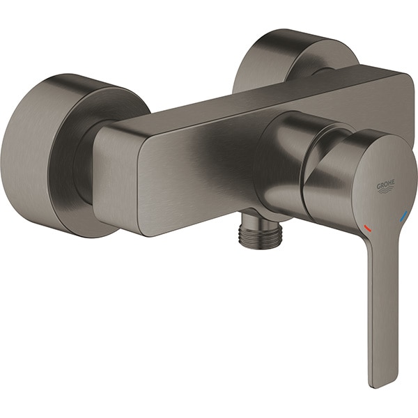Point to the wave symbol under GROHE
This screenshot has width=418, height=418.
click(385, 191)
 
